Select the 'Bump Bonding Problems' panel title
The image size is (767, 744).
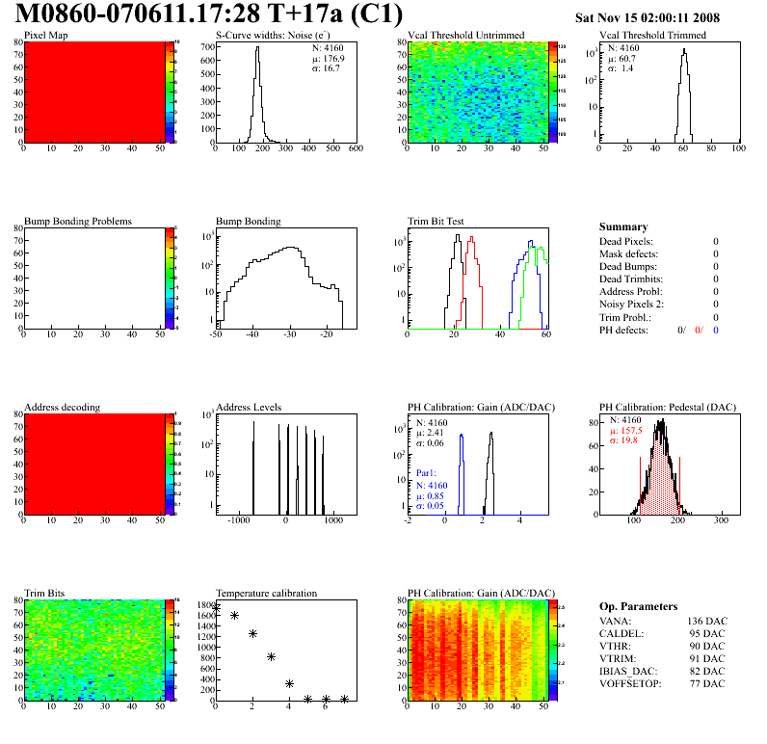point(77,222)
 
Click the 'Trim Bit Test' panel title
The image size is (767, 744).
point(436,222)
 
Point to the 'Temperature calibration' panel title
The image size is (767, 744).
point(266,594)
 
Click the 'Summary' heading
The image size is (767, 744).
point(622,226)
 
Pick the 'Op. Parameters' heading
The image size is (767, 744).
point(638,606)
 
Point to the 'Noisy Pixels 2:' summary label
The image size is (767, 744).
point(632,305)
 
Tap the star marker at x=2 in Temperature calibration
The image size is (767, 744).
point(252,633)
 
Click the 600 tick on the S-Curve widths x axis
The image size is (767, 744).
point(355,148)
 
